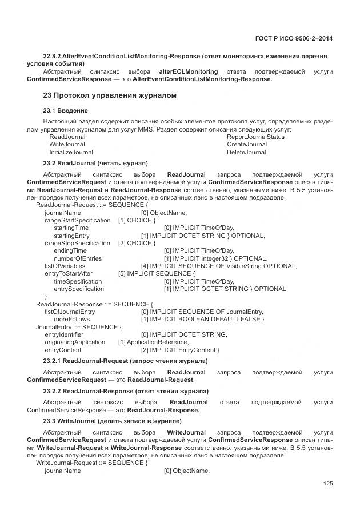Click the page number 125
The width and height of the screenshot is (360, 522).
pos(327,484)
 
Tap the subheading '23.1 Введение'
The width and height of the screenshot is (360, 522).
pos(65,110)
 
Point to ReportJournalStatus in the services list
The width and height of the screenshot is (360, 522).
pos(255,137)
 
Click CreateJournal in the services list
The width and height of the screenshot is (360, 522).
pos(247,145)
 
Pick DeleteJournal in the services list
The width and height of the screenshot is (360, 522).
pos(246,153)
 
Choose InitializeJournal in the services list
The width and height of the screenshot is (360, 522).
pos(71,153)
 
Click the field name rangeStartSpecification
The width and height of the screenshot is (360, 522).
pos(77,220)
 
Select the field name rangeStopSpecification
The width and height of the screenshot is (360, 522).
pos(77,243)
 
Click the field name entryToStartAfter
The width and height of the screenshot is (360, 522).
pos(69,273)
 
